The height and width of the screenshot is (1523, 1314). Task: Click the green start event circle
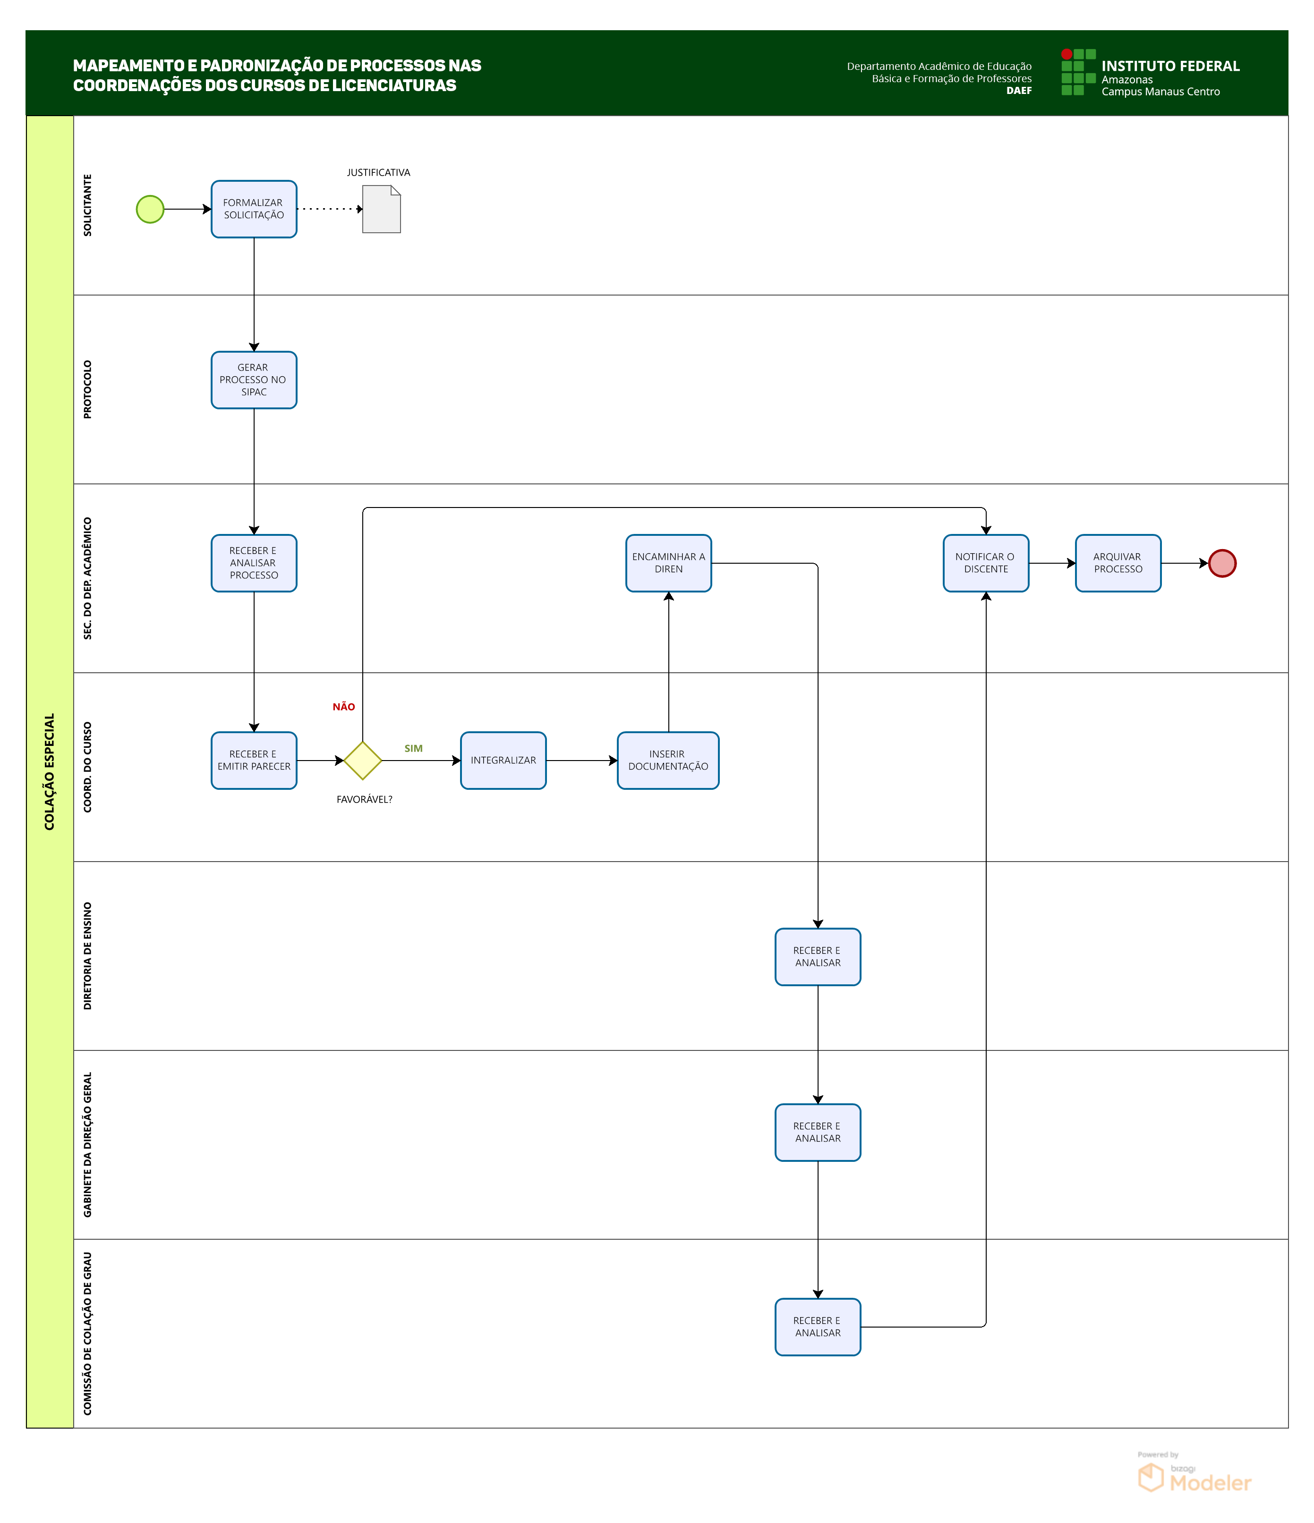pyautogui.click(x=150, y=210)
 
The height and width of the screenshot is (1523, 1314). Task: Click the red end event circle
pyautogui.click(x=1222, y=564)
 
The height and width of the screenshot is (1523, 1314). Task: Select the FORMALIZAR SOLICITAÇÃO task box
pyautogui.click(x=254, y=210)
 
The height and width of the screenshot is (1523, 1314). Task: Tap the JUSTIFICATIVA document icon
pyautogui.click(x=382, y=210)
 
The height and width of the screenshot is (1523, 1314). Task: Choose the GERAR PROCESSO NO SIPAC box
pyautogui.click(x=254, y=380)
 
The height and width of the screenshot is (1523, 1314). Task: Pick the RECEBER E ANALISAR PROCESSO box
pyautogui.click(x=254, y=563)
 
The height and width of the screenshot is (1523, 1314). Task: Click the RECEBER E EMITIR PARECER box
pyautogui.click(x=254, y=761)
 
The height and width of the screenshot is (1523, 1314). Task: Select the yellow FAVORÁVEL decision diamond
pyautogui.click(x=363, y=761)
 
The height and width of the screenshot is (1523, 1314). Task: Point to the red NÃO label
pyautogui.click(x=343, y=707)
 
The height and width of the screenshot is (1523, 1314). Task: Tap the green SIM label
pyautogui.click(x=413, y=749)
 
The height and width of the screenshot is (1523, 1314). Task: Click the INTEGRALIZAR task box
pyautogui.click(x=503, y=761)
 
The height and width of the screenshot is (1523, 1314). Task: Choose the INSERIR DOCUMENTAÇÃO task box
pyautogui.click(x=668, y=761)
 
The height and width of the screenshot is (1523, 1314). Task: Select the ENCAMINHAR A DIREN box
pyautogui.click(x=668, y=563)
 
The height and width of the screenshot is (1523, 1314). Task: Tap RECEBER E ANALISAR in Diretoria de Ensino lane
pyautogui.click(x=818, y=957)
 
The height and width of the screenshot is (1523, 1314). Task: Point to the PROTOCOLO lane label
pyautogui.click(x=87, y=389)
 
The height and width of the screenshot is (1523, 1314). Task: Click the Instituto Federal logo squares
pyautogui.click(x=1078, y=72)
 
